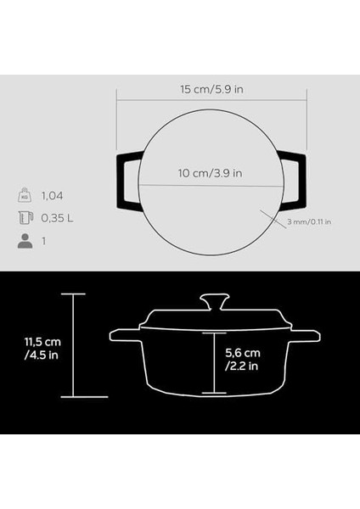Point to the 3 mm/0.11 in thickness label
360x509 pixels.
[308, 222]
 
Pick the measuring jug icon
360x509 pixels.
[24, 218]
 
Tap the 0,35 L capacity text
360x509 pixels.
[59, 218]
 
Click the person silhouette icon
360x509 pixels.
[24, 242]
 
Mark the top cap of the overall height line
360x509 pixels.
[73, 294]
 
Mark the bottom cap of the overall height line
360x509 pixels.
[73, 397]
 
